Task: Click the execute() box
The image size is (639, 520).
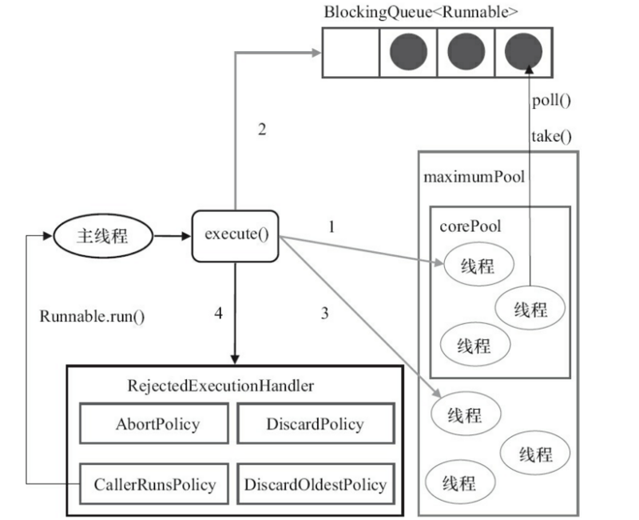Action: point(236,235)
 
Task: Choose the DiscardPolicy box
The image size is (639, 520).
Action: point(315,424)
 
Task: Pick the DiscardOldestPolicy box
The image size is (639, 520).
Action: point(315,484)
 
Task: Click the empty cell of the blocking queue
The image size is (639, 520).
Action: point(350,53)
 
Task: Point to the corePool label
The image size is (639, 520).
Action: point(470,226)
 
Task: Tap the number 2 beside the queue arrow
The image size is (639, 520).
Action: point(261,130)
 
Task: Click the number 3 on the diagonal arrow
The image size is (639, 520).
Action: point(324,314)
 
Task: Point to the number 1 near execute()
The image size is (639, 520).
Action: point(331,226)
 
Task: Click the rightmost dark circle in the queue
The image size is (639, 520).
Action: point(524,53)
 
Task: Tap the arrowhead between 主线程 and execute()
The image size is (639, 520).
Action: point(185,236)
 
